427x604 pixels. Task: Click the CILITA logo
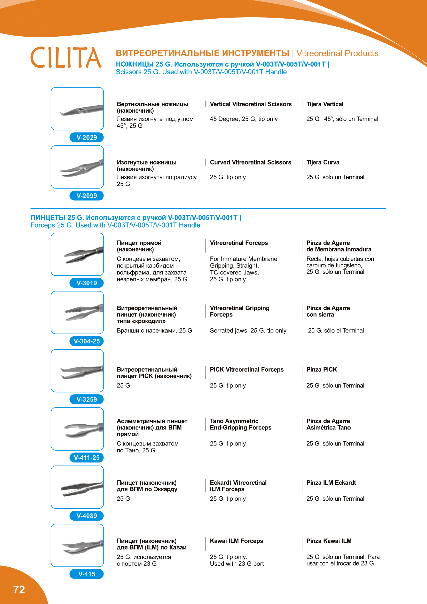tap(66, 57)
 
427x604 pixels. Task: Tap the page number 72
tap(19, 590)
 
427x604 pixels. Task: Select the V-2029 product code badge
tap(86, 137)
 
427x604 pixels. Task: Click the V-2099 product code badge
tap(86, 196)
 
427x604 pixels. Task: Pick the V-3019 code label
tap(86, 283)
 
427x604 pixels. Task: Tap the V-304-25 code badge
tap(86, 341)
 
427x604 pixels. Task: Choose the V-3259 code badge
tap(86, 399)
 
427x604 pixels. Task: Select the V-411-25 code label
tap(86, 458)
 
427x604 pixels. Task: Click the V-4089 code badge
tap(86, 516)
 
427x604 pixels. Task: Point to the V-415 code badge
tap(86, 574)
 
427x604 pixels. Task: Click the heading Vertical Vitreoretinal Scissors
tap(251, 104)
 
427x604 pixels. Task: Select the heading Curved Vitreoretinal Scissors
tap(250, 162)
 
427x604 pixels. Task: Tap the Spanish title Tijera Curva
tap(323, 162)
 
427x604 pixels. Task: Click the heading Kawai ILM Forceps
tap(236, 541)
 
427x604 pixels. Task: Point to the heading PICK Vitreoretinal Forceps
tap(247, 370)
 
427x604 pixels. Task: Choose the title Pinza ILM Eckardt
tap(331, 483)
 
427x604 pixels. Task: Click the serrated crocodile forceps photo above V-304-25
tap(77, 312)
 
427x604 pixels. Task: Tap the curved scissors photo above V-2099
tap(77, 167)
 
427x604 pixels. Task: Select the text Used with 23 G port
tap(237, 564)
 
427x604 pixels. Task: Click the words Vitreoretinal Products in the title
tap(337, 53)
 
